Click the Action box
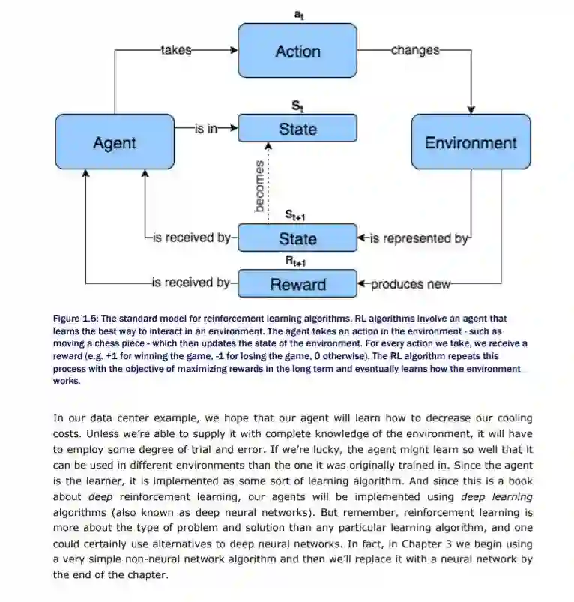[297, 51]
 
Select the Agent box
[114, 142]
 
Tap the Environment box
[471, 142]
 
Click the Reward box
[297, 284]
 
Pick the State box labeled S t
[297, 129]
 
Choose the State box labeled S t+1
[297, 238]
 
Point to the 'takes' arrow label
[176, 50]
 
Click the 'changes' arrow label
[414, 50]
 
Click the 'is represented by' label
[420, 238]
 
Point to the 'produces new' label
[411, 283]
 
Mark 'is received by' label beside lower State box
[192, 238]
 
